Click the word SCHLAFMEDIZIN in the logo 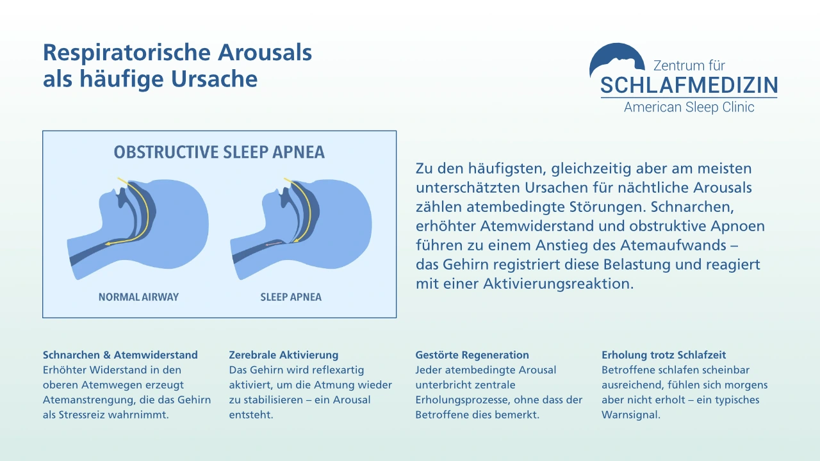coord(689,85)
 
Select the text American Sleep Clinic coord(689,107)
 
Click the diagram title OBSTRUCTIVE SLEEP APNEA coord(219,152)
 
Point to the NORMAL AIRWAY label coord(138,297)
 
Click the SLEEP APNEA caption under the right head coord(291,297)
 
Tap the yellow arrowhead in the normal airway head coord(108,244)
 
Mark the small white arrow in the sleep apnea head coord(272,244)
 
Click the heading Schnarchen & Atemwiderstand coord(120,355)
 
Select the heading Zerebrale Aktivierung coord(284,355)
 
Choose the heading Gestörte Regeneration coord(472,355)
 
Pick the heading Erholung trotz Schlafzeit coord(664,355)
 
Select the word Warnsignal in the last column coord(631,415)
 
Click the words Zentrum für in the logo coord(689,65)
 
